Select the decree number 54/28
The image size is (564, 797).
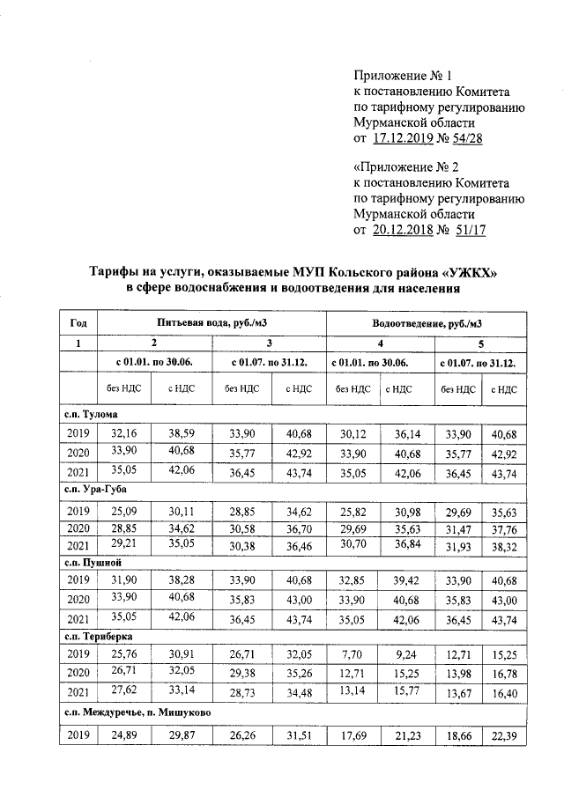(x=466, y=138)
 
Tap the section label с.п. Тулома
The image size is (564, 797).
(x=91, y=413)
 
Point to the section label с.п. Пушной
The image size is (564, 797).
(x=91, y=561)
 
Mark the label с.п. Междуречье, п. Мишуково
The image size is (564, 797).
(x=135, y=710)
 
